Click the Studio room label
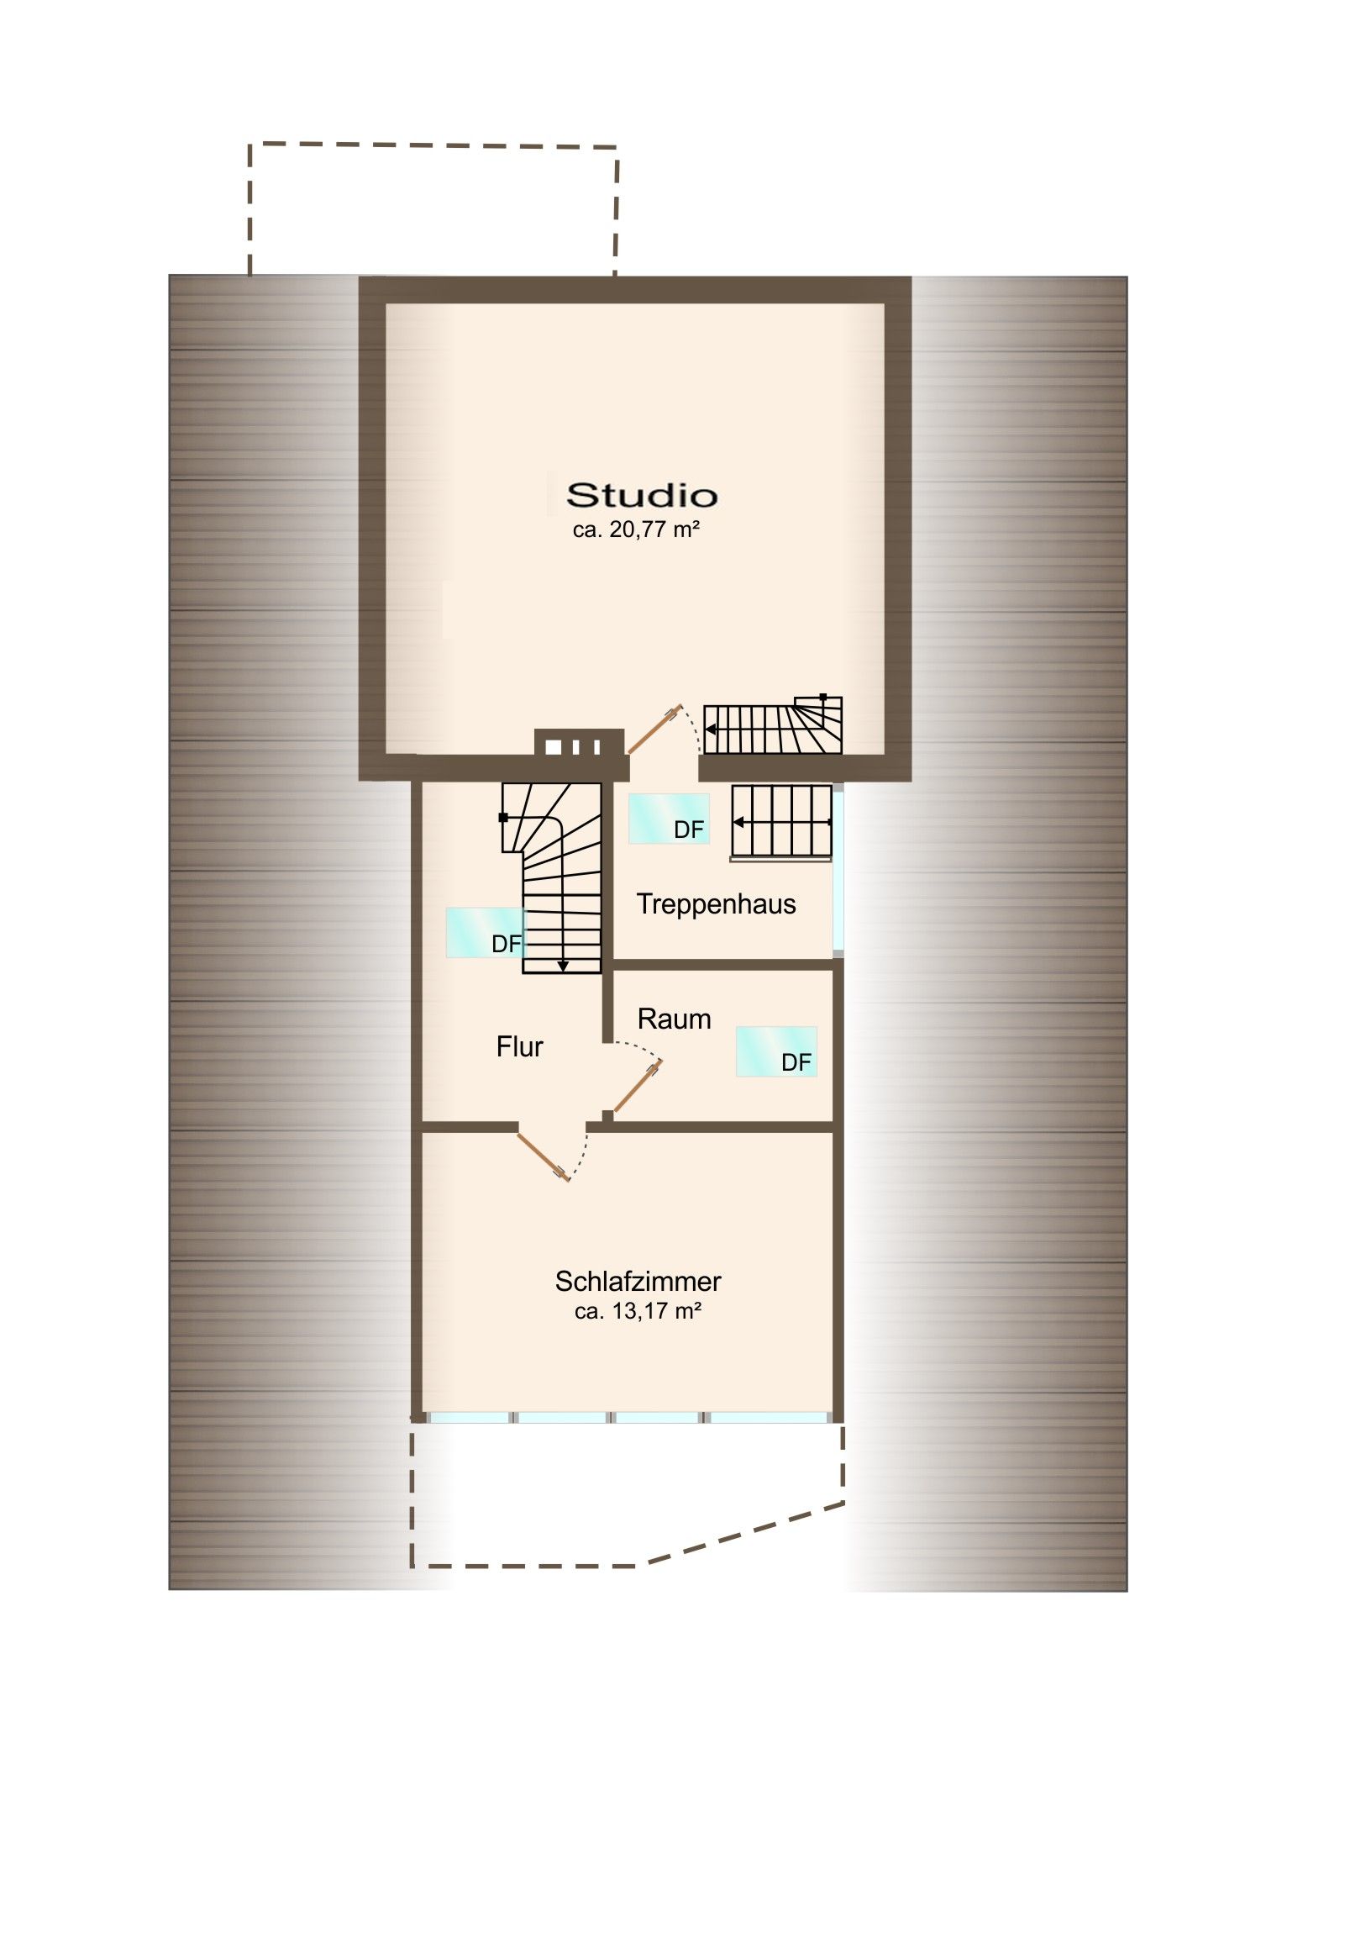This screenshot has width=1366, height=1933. [641, 495]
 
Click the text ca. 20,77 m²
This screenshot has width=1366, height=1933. [636, 529]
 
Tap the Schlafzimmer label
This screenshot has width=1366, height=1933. [638, 1282]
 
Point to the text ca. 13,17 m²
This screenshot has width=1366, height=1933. [638, 1311]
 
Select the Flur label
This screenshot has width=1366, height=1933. [519, 1046]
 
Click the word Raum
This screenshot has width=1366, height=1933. [674, 1019]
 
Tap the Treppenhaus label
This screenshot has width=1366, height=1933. [717, 904]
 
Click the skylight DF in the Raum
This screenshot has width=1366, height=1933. [776, 1051]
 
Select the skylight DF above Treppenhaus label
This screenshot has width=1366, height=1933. [669, 819]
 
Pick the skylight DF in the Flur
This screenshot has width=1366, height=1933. [486, 933]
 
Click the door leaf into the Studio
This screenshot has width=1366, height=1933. [654, 729]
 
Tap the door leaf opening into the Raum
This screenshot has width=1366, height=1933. [637, 1087]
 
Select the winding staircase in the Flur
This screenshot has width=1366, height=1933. [551, 878]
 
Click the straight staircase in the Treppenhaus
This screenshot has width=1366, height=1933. [782, 823]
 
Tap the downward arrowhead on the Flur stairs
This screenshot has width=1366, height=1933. [562, 966]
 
